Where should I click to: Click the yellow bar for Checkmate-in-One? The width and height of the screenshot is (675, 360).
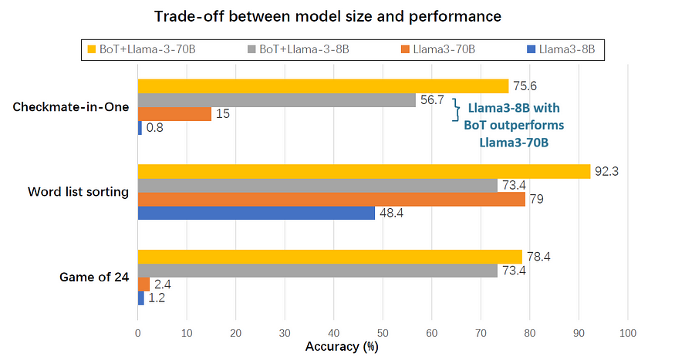coord(322,86)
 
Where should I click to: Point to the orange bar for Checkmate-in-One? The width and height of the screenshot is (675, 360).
coord(174,114)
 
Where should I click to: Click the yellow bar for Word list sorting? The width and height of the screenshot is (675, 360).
coord(363,171)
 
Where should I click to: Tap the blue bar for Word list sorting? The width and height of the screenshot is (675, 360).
coord(256,213)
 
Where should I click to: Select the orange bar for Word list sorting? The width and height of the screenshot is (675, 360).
coord(331,199)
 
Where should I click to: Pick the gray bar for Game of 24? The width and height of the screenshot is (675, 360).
coord(317,271)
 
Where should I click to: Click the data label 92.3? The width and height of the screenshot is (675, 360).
coord(606,171)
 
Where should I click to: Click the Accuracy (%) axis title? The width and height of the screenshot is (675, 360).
coord(341,347)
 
